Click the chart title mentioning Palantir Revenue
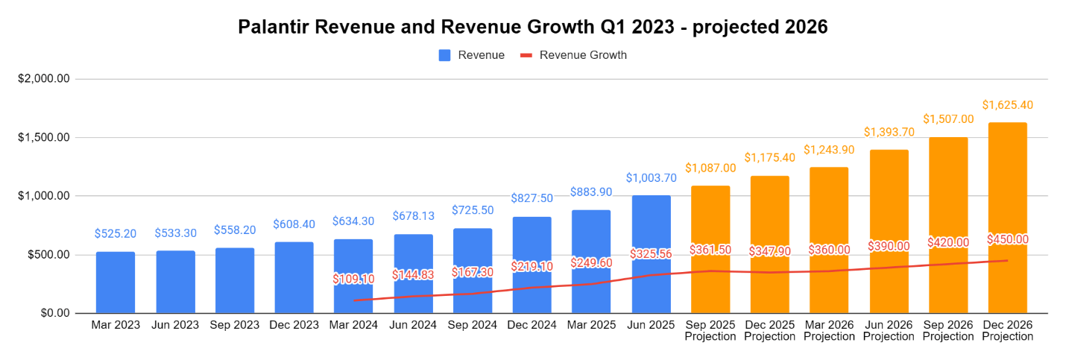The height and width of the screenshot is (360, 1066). point(532,27)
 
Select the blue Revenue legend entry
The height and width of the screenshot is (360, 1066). point(471,54)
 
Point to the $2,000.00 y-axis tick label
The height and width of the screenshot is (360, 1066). point(44,79)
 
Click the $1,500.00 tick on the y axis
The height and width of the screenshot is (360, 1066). point(44,138)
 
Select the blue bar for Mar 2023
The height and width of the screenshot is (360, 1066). point(116,282)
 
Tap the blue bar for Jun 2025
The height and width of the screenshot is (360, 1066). point(651,224)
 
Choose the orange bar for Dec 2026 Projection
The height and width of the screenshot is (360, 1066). point(1007,186)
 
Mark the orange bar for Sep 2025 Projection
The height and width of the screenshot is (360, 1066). point(710,216)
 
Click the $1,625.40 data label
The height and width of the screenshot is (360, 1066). point(1007,105)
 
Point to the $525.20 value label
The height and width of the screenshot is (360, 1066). point(116,234)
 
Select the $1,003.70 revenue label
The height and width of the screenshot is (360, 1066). point(651,178)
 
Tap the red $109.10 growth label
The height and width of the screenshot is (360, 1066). point(354,279)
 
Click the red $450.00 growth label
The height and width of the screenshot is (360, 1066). point(1007,239)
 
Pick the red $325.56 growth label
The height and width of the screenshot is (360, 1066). point(651,253)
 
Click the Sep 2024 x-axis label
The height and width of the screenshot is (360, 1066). point(473,325)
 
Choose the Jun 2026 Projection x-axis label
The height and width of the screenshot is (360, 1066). point(889,330)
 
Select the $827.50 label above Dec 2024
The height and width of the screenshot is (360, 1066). point(532,198)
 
